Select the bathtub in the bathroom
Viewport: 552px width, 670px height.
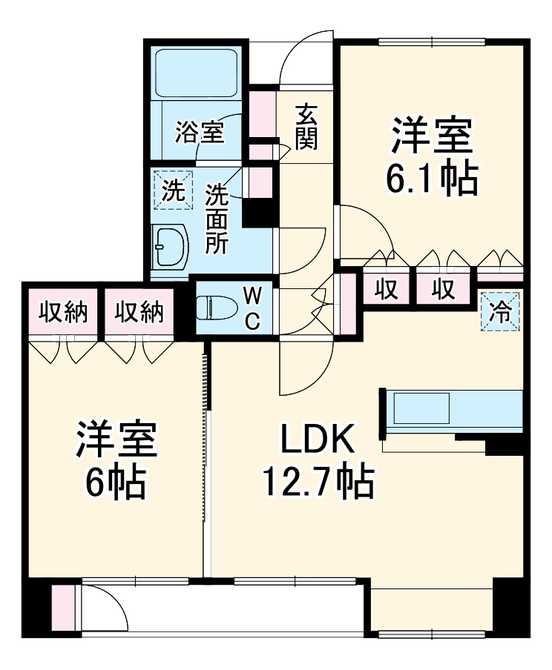point(197,72)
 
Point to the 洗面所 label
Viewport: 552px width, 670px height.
point(217,219)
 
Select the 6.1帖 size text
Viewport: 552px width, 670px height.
point(431,178)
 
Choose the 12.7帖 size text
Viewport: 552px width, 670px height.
point(317,483)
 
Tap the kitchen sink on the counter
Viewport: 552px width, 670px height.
point(421,408)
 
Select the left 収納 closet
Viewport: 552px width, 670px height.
point(63,312)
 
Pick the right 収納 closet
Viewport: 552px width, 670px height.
point(139,312)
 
